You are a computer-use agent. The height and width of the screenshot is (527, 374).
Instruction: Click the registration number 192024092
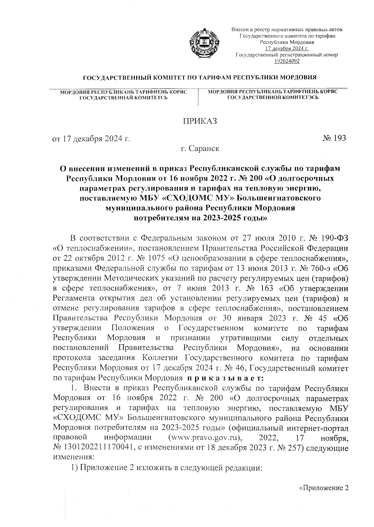(x=287, y=61)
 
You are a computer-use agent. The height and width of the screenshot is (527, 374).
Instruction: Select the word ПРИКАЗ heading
(x=199, y=121)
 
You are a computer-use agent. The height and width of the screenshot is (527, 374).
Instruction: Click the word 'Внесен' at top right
(x=238, y=30)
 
